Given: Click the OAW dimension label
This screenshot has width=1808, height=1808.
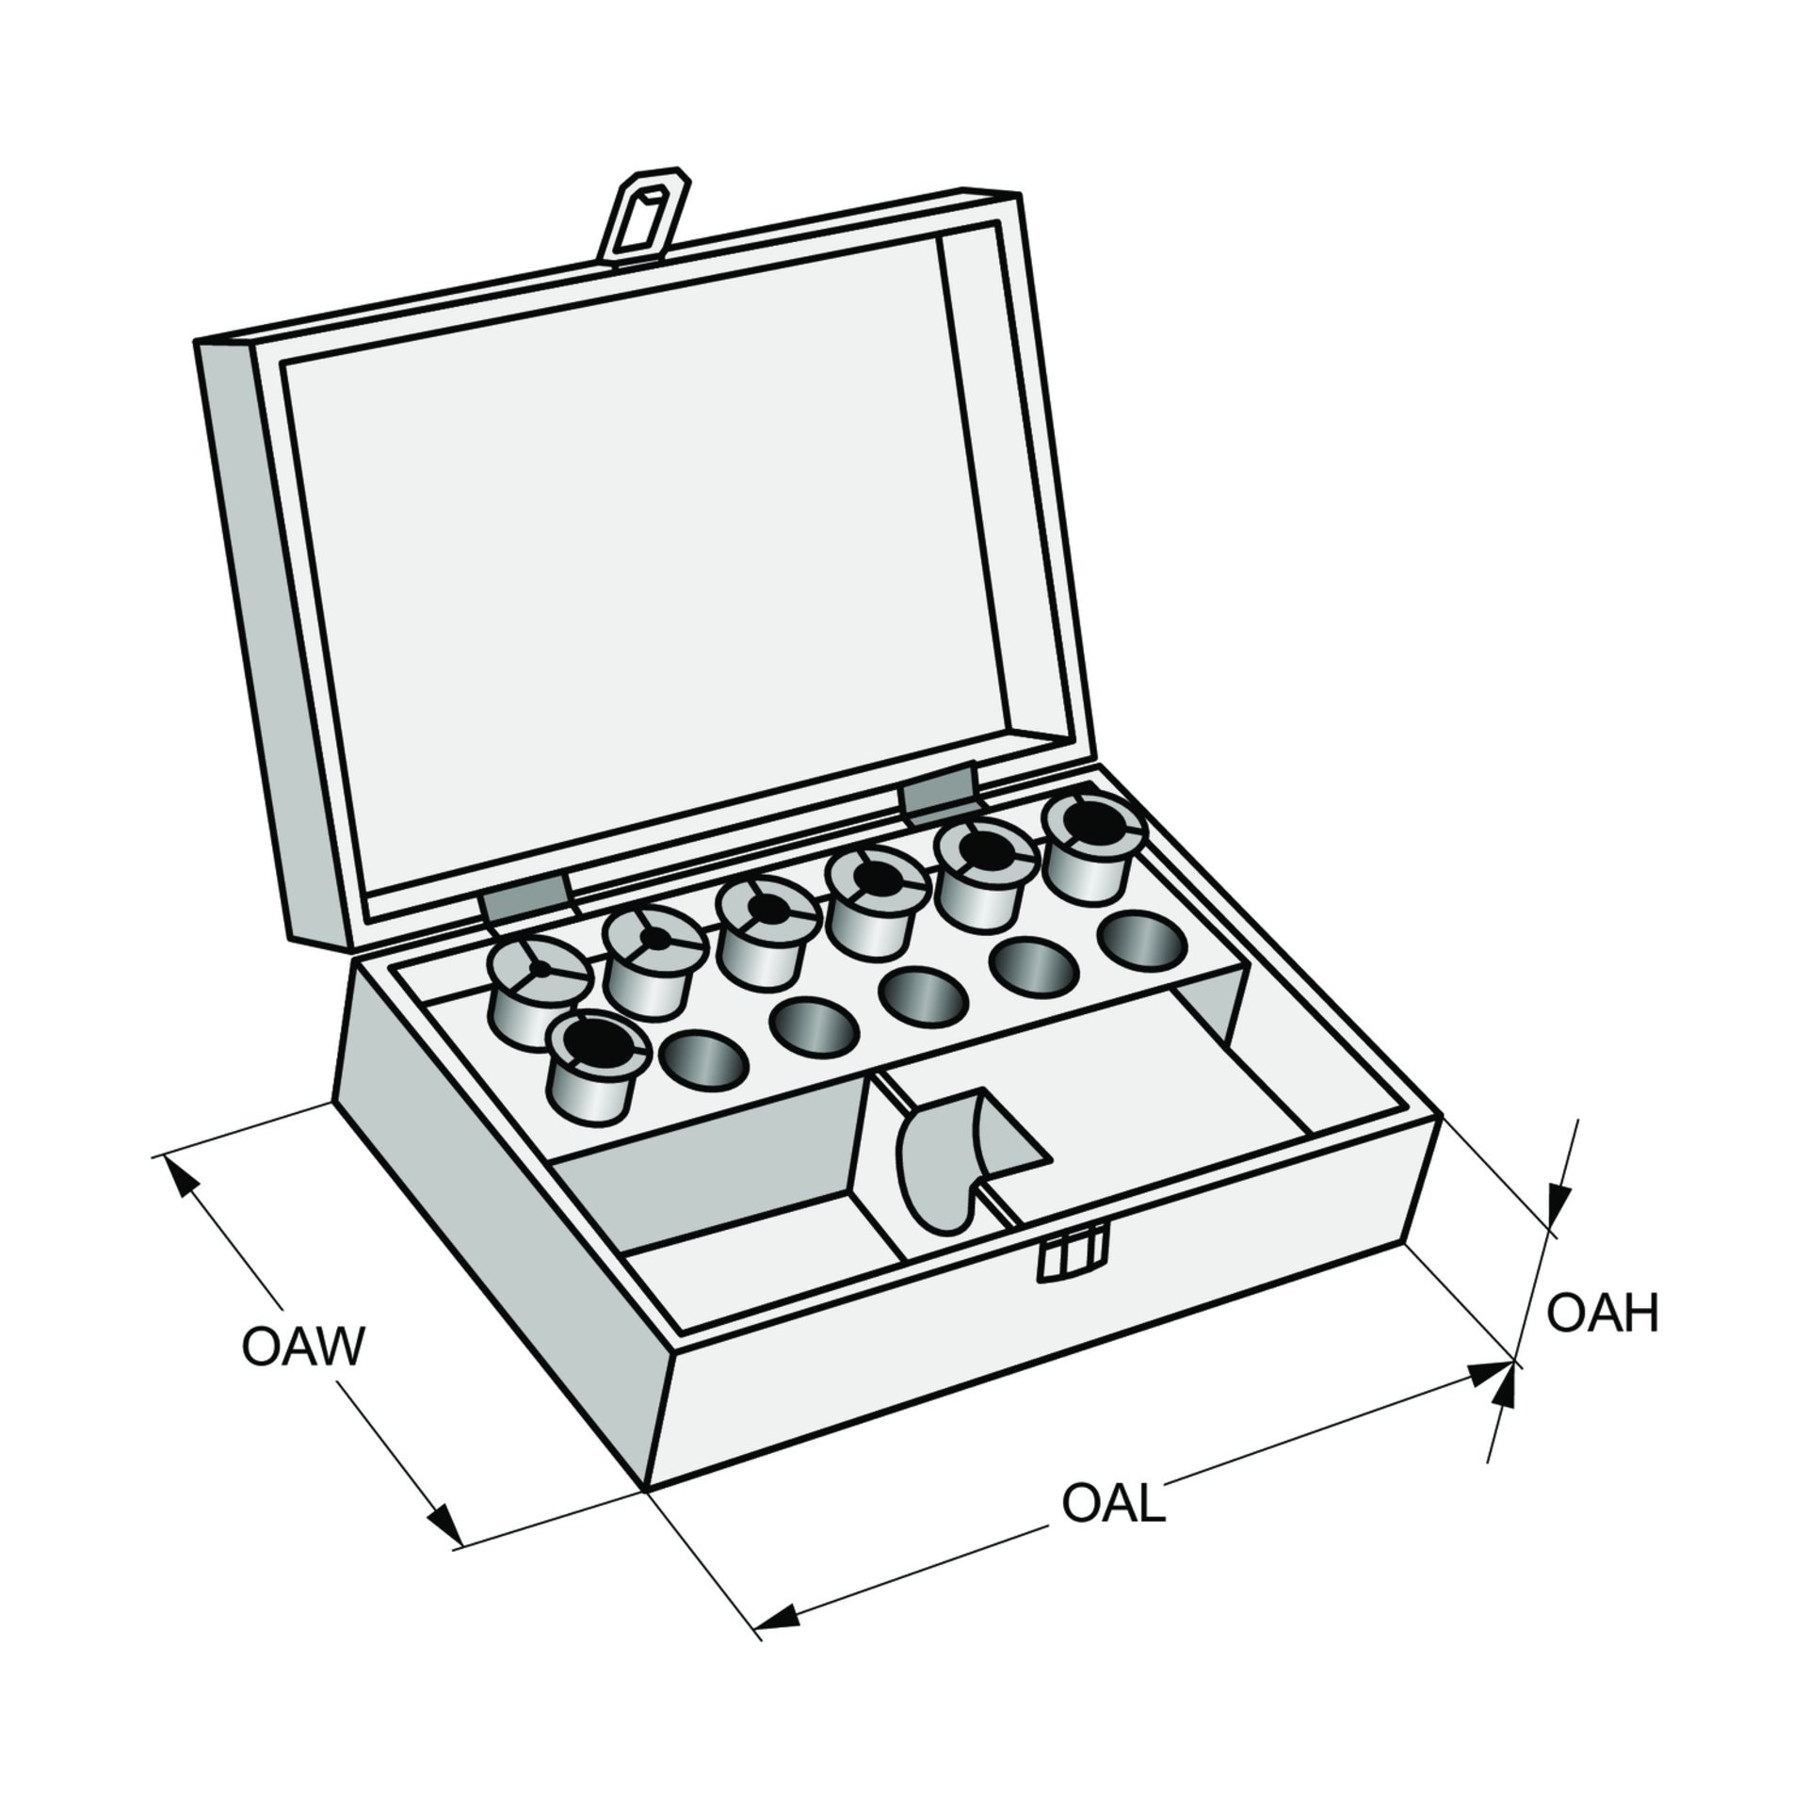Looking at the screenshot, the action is [302, 1348].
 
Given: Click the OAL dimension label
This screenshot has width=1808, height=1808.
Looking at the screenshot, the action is [1113, 1504].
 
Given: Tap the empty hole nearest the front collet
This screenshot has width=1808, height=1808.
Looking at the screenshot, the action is [703, 1058].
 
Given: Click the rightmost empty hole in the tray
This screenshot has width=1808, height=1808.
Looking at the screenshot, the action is [1142, 936].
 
